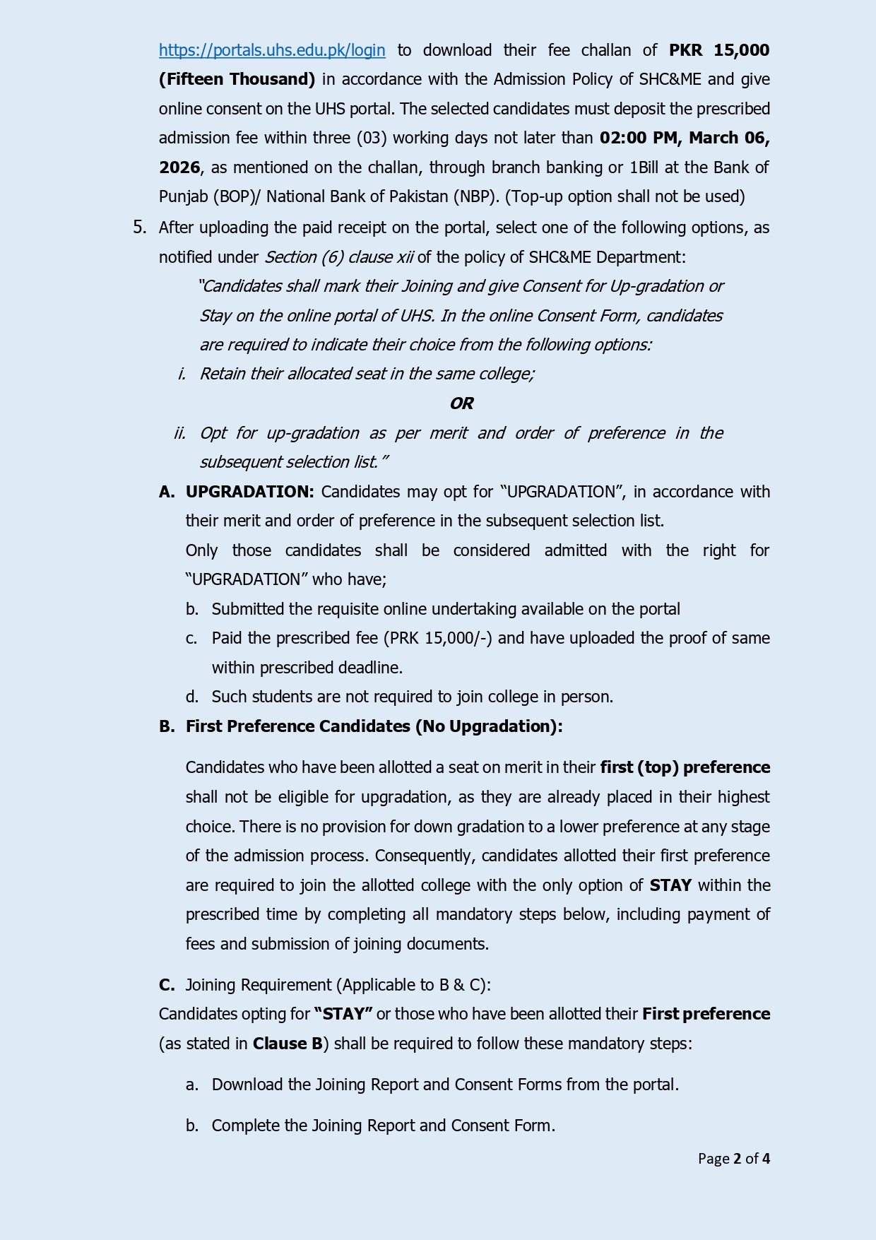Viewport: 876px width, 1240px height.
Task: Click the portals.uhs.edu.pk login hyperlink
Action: [272, 50]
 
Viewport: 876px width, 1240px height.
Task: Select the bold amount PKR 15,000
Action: [719, 50]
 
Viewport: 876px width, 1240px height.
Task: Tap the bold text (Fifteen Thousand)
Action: [237, 79]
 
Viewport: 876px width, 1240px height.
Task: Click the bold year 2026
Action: [179, 167]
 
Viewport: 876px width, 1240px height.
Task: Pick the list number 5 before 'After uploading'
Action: [139, 227]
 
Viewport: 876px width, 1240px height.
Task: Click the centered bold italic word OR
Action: [461, 403]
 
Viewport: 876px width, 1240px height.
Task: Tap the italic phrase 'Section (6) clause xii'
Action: [339, 257]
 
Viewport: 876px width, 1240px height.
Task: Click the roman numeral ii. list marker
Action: [180, 433]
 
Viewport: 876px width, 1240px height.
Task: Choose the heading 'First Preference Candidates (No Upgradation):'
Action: [374, 726]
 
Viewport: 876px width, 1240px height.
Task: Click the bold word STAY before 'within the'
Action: [670, 885]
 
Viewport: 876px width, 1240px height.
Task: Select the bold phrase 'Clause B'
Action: [288, 1044]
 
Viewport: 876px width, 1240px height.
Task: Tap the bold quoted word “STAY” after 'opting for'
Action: [343, 1014]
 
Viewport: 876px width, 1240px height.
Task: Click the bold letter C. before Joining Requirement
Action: [167, 985]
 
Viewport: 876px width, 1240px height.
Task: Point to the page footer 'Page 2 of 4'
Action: [733, 1158]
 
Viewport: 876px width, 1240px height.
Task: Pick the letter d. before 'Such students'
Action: [192, 697]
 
